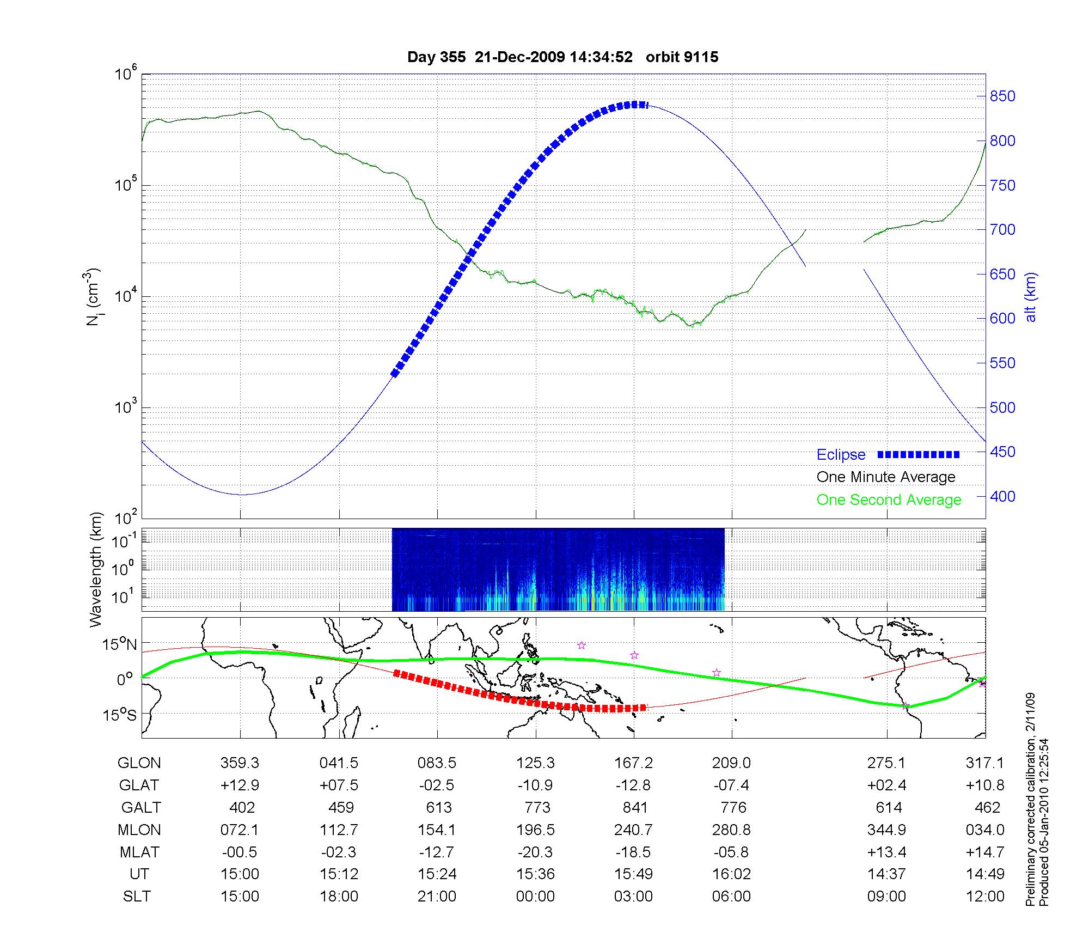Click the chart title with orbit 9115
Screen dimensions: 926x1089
[x=562, y=57]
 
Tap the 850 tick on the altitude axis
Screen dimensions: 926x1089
[x=1002, y=96]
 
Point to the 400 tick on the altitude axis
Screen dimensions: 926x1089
[x=1002, y=497]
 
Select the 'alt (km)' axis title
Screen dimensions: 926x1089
[x=1031, y=297]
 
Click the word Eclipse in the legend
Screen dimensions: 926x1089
[x=841, y=455]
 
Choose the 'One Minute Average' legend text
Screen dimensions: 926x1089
[x=886, y=477]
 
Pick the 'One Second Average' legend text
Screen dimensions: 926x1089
[x=889, y=500]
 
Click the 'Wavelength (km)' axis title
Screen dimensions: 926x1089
[x=96, y=569]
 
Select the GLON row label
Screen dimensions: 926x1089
[x=139, y=763]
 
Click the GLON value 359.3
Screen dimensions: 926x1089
[x=240, y=763]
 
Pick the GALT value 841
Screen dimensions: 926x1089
[x=634, y=807]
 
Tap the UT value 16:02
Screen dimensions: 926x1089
[x=731, y=874]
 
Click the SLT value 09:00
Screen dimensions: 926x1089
[x=888, y=897]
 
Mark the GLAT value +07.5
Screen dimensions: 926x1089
[x=339, y=785]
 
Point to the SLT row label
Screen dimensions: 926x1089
[x=137, y=897]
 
